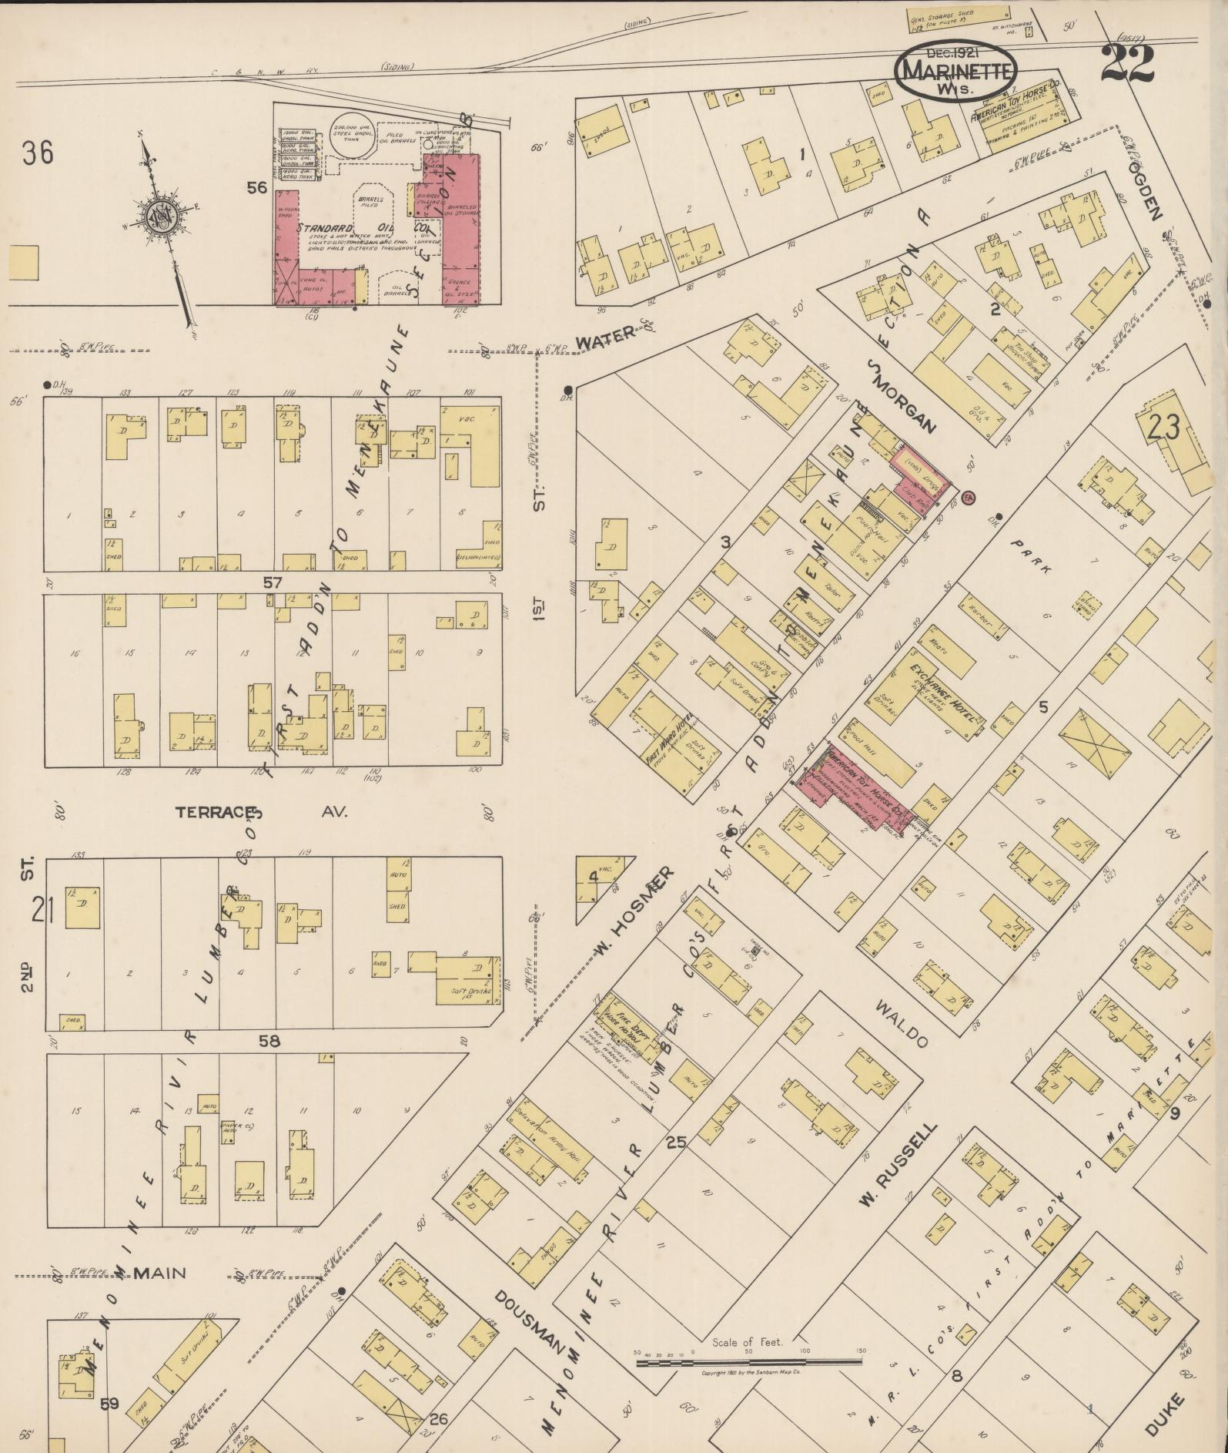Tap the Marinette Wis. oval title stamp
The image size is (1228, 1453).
point(955,70)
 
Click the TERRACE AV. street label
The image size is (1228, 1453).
point(262,812)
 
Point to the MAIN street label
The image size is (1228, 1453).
point(159,1273)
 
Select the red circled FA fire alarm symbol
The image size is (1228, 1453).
point(969,495)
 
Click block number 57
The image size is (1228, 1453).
point(273,582)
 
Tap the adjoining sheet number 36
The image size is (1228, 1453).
point(38,153)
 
